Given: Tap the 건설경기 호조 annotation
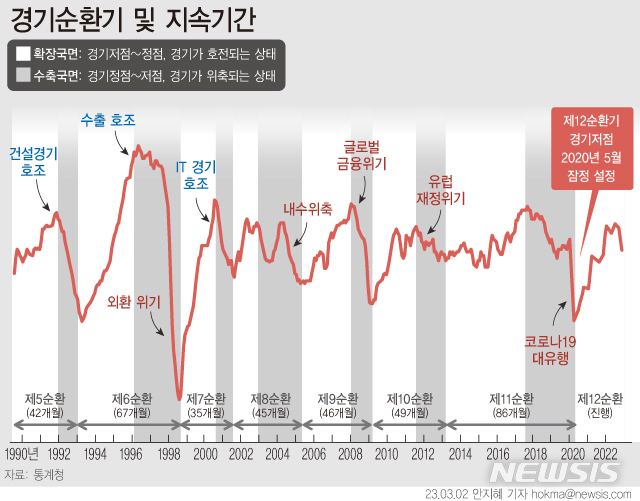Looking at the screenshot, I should click(x=33, y=162).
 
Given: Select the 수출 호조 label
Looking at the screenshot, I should click(x=107, y=120).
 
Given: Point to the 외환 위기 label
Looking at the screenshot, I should click(x=133, y=300).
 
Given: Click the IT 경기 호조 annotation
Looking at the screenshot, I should click(x=196, y=174).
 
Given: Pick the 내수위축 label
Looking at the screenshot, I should click(x=307, y=209).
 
